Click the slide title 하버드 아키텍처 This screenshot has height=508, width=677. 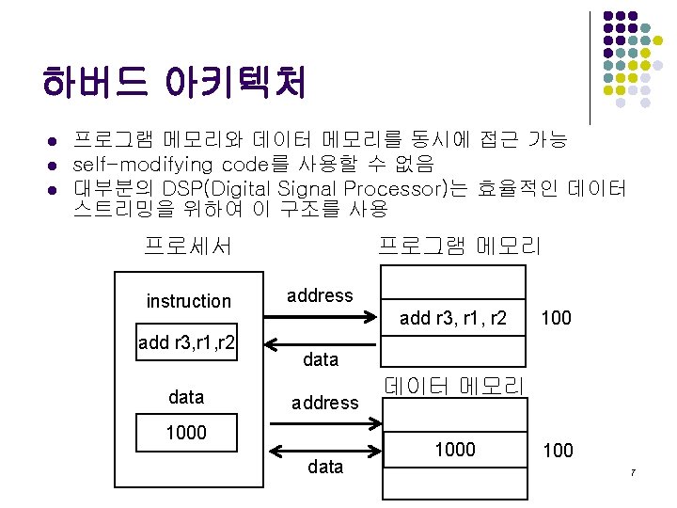[174, 84]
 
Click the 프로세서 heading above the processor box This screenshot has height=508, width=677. [188, 247]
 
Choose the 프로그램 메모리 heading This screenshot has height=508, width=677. [459, 247]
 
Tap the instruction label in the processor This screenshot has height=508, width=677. [188, 301]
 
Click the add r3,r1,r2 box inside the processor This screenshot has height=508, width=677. [186, 341]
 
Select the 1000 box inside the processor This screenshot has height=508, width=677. [186, 433]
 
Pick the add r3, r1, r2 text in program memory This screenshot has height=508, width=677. [453, 319]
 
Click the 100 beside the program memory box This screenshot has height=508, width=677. [556, 319]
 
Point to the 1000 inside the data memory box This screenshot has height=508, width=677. [454, 450]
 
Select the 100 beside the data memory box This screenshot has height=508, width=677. [558, 451]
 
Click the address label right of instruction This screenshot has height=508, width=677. [320, 295]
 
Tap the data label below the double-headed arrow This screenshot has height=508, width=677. [325, 467]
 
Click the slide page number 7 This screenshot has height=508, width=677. [634, 471]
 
